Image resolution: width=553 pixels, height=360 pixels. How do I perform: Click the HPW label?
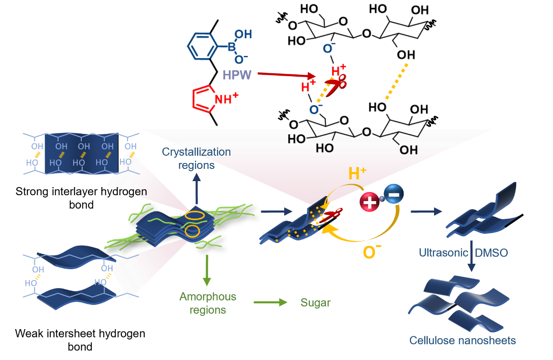pos(237,75)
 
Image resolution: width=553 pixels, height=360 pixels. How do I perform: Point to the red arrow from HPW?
pos(286,74)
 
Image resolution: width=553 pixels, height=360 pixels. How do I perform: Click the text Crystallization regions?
pos(197,158)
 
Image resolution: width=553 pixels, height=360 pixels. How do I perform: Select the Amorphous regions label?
pos(207,303)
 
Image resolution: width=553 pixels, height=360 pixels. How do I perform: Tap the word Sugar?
pos(315,302)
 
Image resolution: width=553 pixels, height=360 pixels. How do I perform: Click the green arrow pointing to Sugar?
pos(270,302)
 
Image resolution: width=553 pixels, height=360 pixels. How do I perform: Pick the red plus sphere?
pos(370,201)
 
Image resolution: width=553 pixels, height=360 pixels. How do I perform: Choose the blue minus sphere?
pos(393,194)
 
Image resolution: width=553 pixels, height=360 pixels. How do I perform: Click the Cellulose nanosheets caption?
pos(462,340)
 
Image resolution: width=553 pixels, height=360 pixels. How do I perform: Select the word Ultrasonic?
pos(443,252)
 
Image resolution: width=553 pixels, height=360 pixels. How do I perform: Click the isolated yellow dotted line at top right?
pos(396,81)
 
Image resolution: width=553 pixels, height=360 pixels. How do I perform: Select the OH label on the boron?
pos(243,35)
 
